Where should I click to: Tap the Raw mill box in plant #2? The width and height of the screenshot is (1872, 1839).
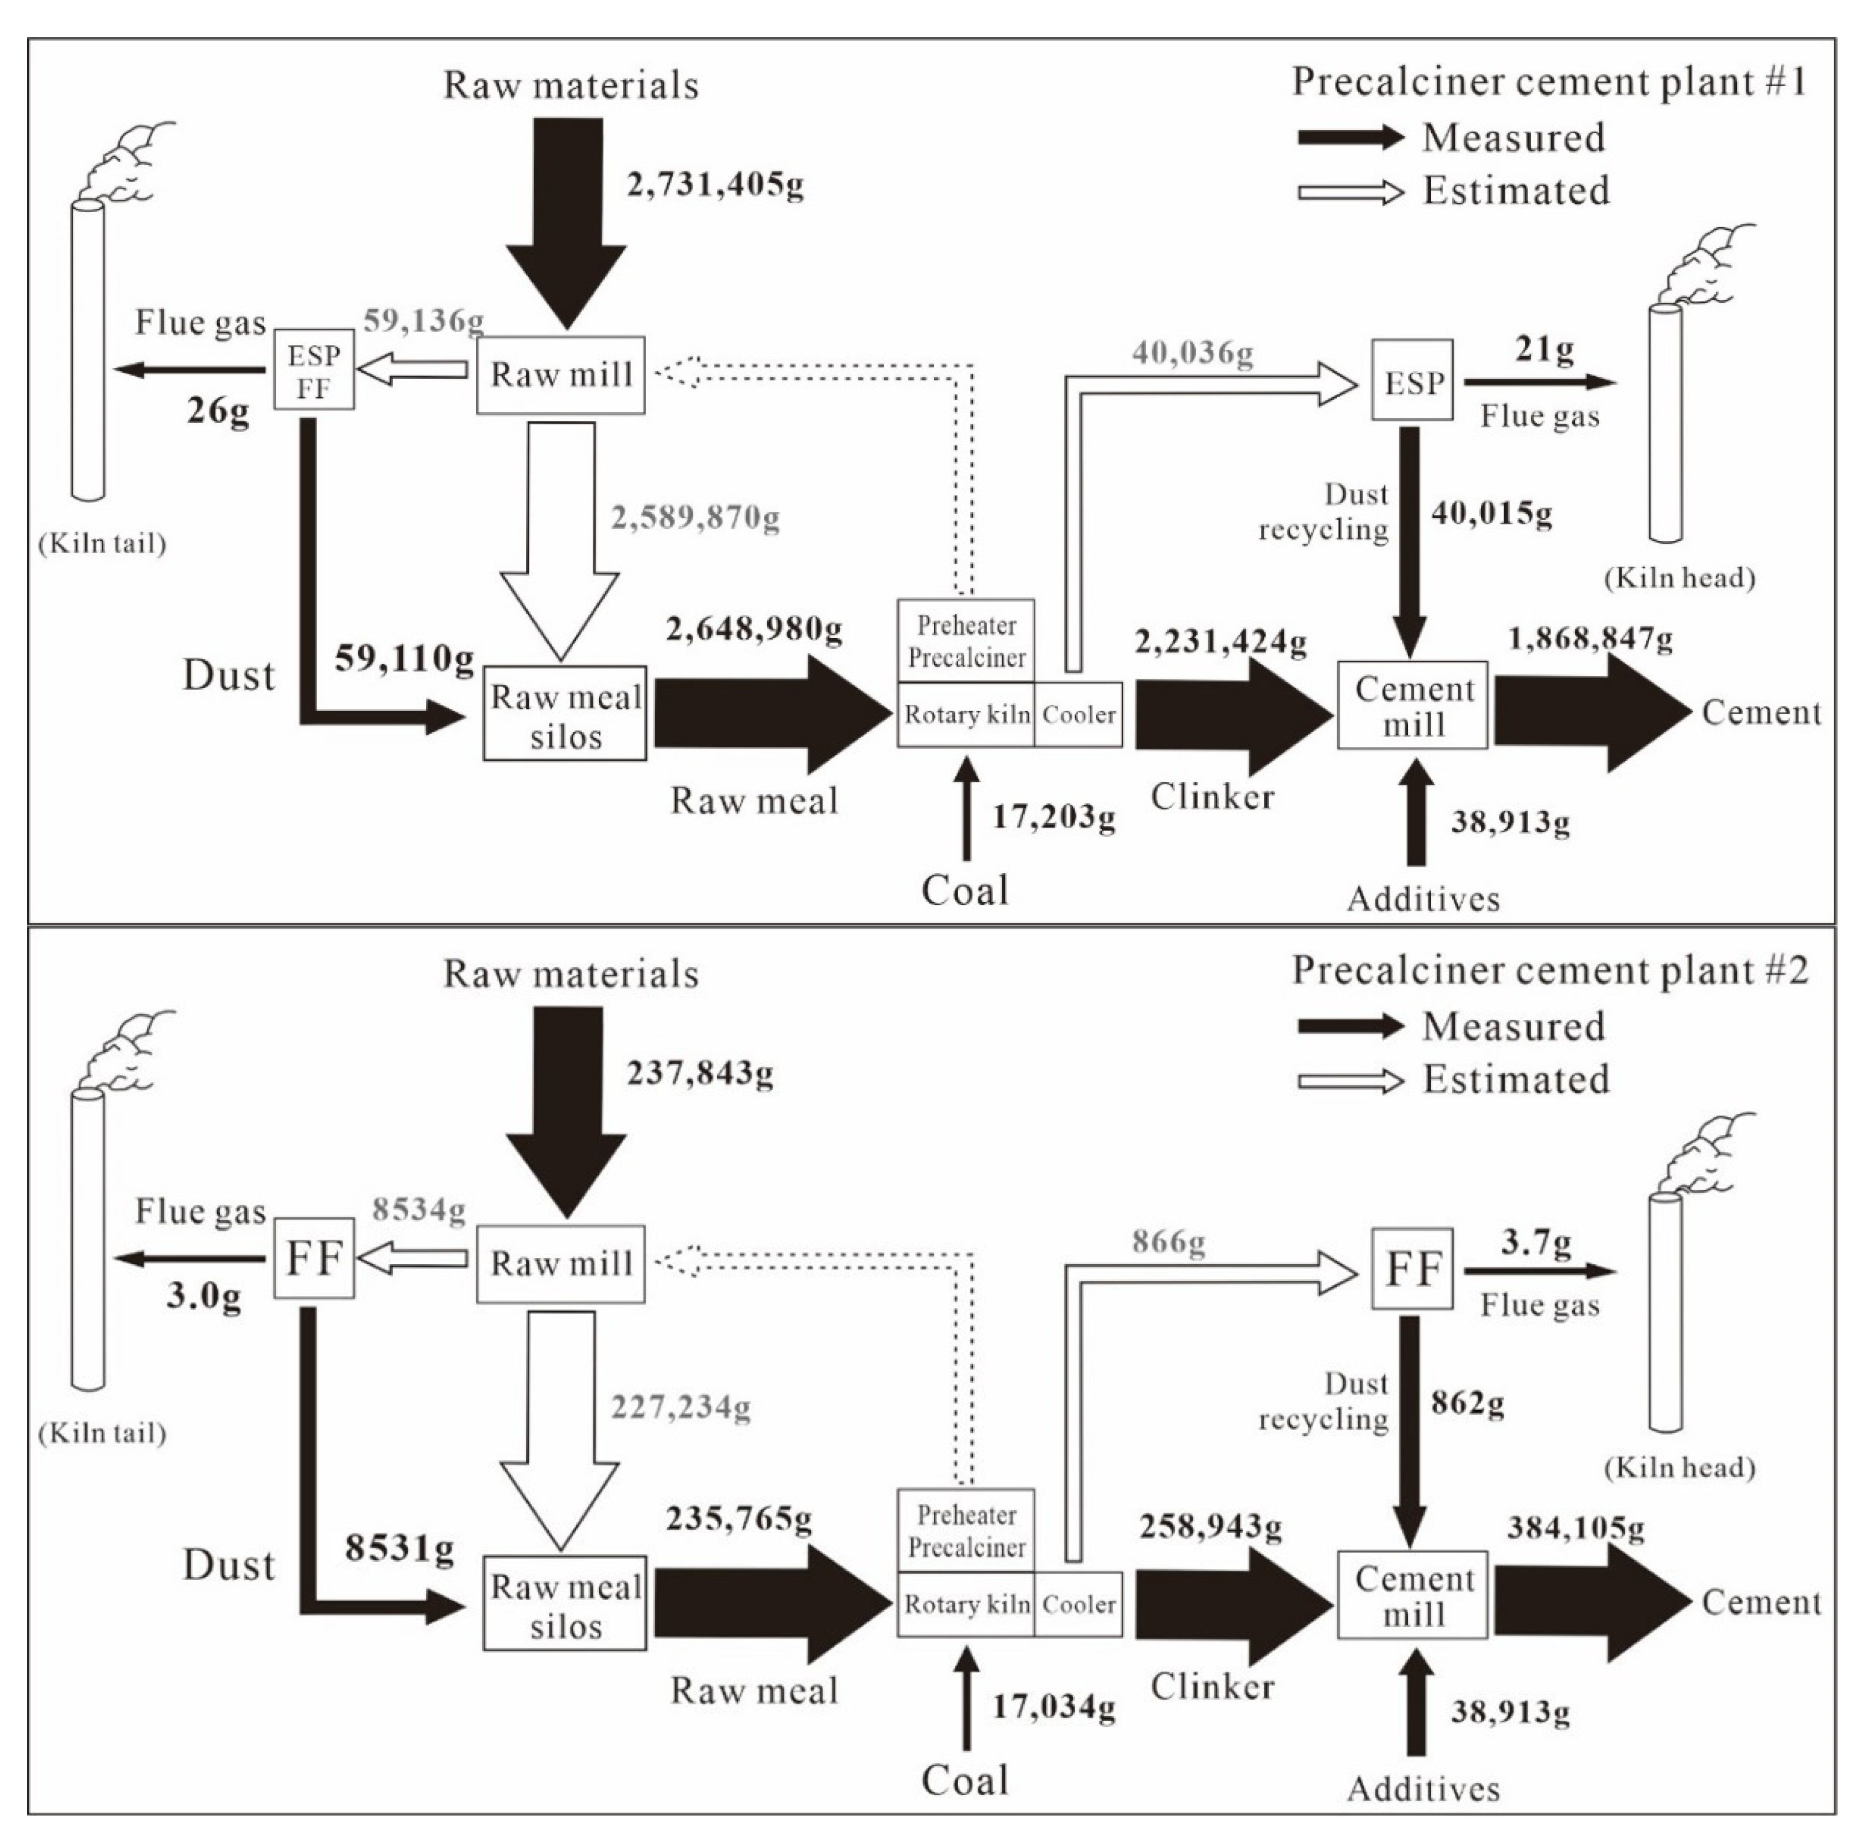pos(560,1264)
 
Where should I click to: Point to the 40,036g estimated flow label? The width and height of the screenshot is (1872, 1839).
pos(1193,353)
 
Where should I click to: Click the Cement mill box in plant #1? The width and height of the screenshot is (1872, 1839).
pos(1412,705)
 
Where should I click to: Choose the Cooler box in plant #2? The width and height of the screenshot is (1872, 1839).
pos(1078,1604)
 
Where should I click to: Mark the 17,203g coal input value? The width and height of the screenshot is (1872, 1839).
pos(1054,817)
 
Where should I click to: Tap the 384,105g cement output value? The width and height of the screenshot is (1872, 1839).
pos(1575,1527)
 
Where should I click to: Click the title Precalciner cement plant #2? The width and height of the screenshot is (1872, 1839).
pos(1549,970)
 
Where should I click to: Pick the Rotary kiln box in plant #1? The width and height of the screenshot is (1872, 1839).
pos(966,715)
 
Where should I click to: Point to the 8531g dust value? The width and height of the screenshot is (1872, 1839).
pos(399,1549)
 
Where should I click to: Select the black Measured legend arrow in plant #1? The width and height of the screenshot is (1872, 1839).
pos(1350,137)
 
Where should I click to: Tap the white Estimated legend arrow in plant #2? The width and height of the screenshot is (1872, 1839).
pos(1350,1081)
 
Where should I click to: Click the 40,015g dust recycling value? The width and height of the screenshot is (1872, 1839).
pos(1491,513)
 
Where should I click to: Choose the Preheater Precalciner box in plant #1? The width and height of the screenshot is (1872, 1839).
pos(966,640)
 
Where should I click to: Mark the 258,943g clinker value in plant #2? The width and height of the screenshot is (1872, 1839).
pos(1210,1527)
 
